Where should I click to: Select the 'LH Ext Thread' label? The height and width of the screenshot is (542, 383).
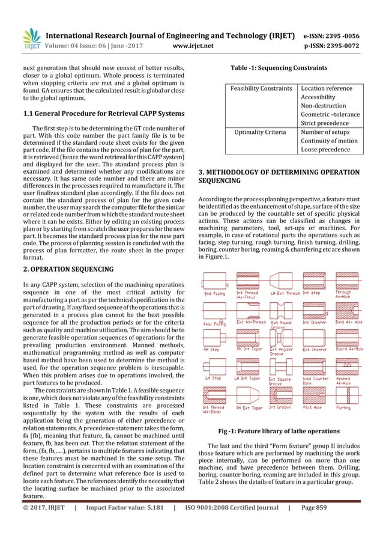285,293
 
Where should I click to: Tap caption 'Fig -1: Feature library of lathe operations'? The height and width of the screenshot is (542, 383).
279,431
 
